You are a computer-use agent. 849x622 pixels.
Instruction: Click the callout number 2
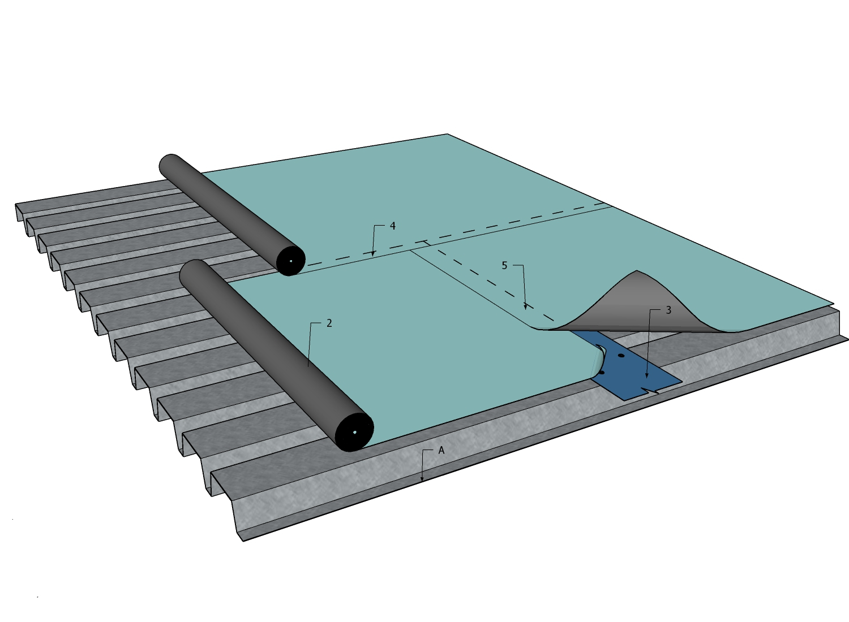click(329, 323)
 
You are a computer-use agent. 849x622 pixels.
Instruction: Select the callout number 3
click(668, 310)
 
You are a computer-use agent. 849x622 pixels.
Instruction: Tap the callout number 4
click(393, 226)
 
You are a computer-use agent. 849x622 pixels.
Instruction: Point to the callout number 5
click(504, 265)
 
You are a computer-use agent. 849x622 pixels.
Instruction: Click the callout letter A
click(441, 451)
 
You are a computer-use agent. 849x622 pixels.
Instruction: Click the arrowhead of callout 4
click(373, 254)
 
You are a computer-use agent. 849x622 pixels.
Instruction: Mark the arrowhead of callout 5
click(526, 308)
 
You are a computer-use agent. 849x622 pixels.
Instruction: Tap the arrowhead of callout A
click(422, 481)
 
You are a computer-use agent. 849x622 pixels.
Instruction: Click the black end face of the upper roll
click(291, 261)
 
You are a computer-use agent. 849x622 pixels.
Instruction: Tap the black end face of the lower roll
click(354, 432)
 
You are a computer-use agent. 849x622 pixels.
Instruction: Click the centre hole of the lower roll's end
click(354, 433)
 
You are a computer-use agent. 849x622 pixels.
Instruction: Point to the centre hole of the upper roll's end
click(291, 261)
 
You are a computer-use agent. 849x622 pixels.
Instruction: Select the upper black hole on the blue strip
click(621, 355)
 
